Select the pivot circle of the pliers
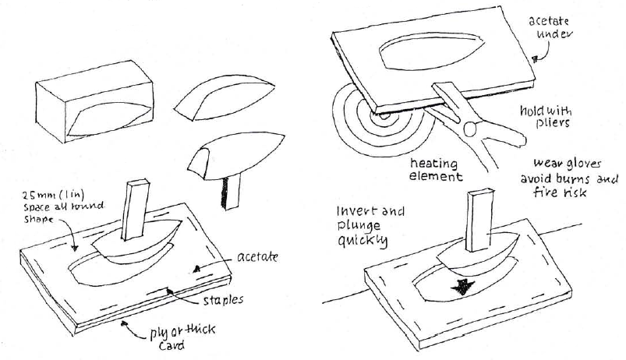(x=472, y=128)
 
